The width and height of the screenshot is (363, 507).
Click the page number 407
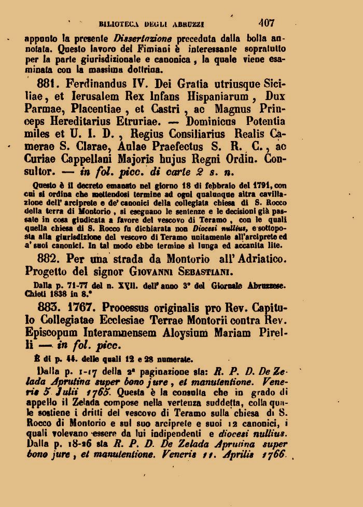(x=267, y=23)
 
